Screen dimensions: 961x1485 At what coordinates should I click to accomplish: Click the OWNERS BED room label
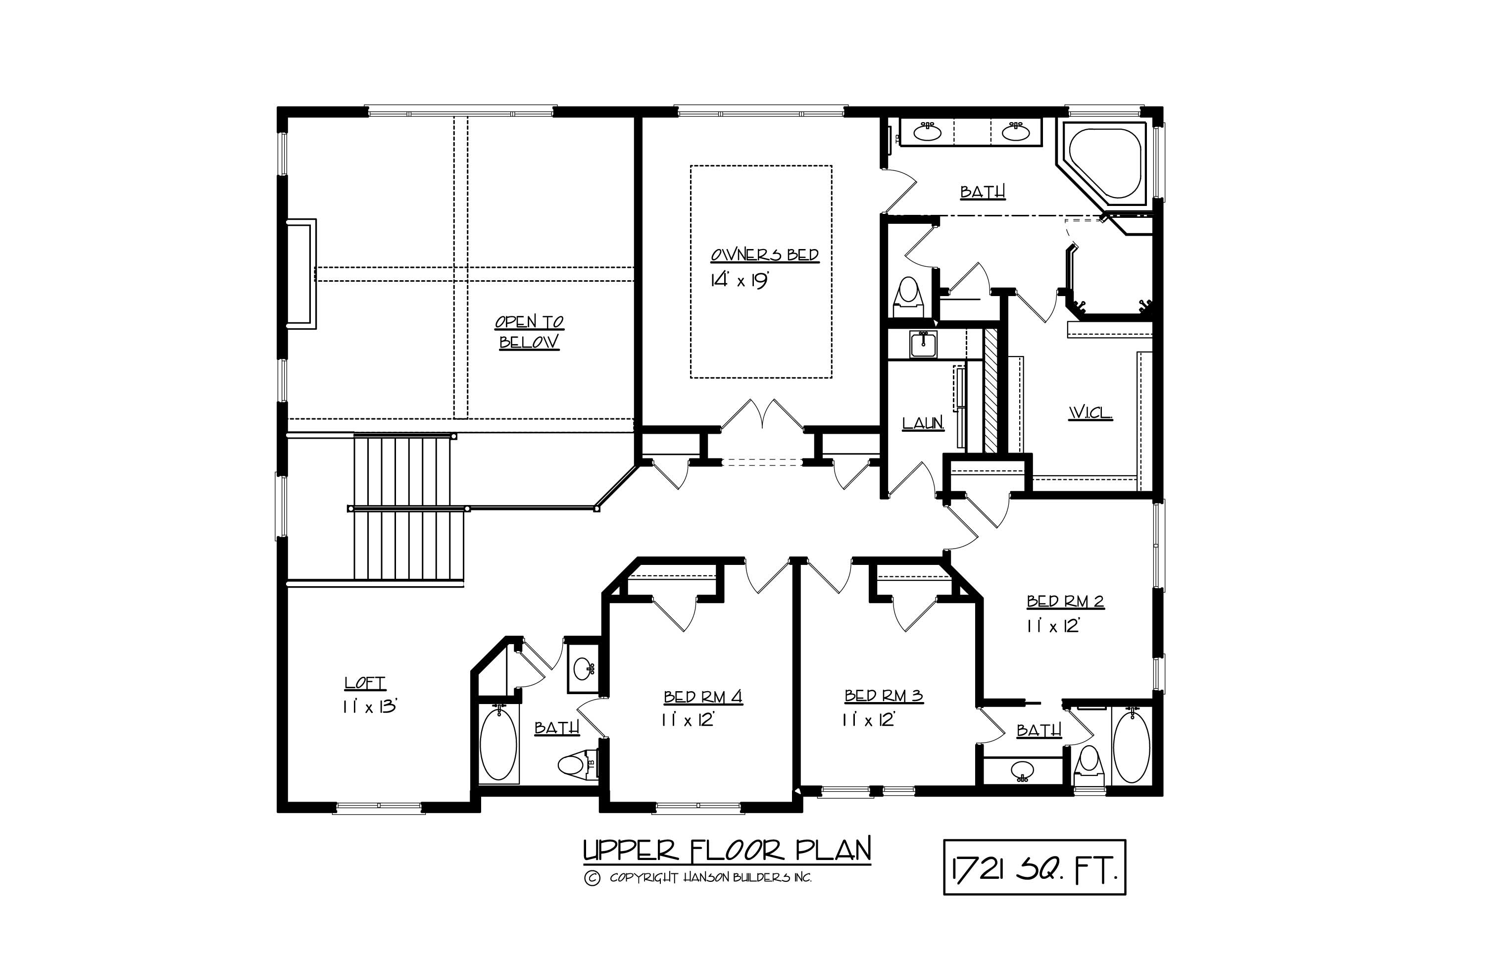(x=764, y=254)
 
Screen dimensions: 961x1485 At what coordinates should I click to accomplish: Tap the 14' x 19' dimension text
(x=738, y=280)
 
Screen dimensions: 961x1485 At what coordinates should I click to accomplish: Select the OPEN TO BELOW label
(x=529, y=331)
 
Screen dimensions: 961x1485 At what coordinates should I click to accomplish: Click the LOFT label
(x=365, y=683)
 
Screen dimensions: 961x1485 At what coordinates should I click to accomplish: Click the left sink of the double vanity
(x=928, y=132)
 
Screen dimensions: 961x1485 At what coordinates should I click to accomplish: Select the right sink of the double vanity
(x=1016, y=132)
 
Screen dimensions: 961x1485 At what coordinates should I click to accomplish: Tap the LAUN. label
(x=923, y=424)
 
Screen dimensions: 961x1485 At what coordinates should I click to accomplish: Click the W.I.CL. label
(x=1090, y=412)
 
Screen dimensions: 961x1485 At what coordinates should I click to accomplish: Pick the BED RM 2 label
(x=1065, y=602)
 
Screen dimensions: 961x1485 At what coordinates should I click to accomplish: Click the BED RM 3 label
(x=884, y=696)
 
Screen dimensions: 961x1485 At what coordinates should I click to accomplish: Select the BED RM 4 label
(x=702, y=697)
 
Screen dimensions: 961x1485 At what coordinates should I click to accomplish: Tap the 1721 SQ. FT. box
(x=1034, y=867)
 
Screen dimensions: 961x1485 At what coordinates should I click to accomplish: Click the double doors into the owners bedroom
(x=762, y=415)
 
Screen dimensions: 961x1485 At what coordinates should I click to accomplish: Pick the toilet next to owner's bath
(x=908, y=297)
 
